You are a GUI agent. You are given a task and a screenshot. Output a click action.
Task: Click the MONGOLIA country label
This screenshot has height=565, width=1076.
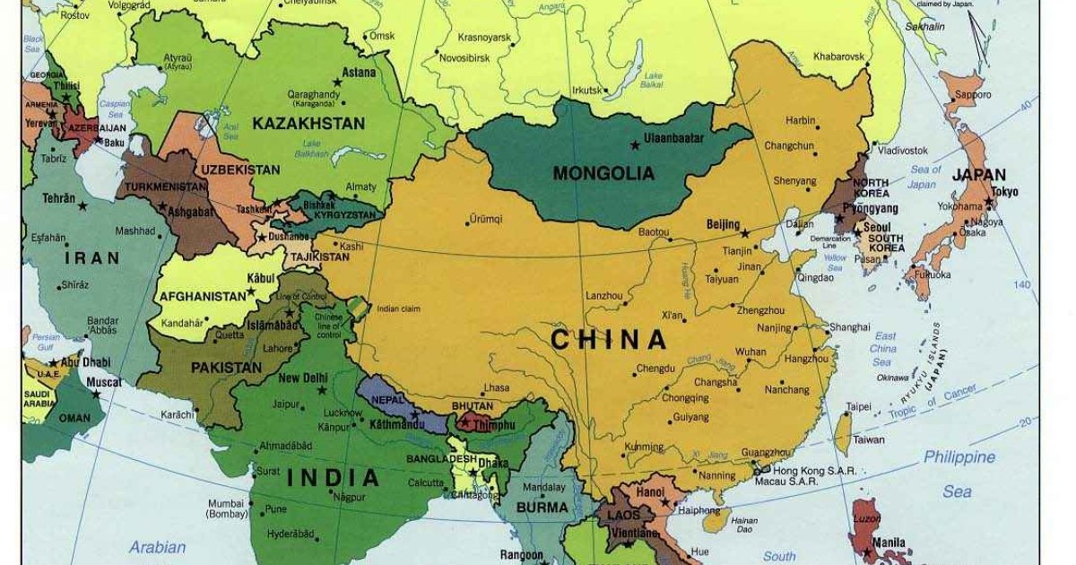603,173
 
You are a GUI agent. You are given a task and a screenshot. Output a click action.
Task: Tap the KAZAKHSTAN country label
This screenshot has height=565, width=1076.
308,123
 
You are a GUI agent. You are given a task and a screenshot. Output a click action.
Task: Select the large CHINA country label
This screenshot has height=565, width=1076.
609,340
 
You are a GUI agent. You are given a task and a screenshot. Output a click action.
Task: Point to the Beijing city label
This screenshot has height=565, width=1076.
723,224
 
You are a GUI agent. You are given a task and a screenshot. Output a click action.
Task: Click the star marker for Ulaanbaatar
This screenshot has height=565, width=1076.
635,144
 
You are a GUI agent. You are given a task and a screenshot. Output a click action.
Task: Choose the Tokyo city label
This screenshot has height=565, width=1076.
1004,192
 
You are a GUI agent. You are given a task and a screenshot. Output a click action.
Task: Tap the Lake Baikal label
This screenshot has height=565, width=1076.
652,81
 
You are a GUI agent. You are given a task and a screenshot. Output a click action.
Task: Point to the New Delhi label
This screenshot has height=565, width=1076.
302,378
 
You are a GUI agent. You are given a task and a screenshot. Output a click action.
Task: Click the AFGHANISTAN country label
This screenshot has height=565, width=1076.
202,296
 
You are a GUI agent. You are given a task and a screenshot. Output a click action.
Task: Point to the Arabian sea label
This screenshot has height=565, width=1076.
157,546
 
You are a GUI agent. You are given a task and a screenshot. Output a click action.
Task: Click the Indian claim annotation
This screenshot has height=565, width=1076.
398,309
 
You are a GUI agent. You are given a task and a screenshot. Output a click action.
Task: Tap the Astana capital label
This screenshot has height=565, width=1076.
359,73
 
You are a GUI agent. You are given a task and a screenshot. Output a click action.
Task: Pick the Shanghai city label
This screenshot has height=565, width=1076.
849,327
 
